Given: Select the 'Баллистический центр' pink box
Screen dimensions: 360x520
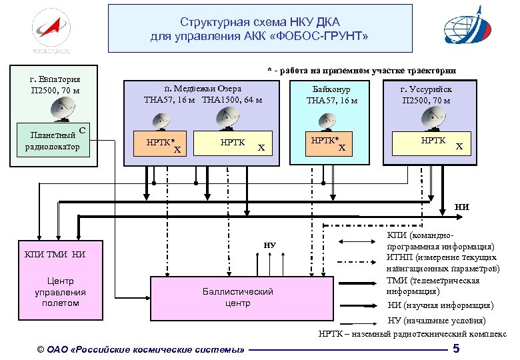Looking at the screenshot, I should pyautogui.click(x=238, y=297).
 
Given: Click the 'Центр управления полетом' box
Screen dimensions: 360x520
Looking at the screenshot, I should pyautogui.click(x=61, y=292).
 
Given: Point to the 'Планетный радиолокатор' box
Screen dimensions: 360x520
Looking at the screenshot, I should pyautogui.click(x=53, y=141).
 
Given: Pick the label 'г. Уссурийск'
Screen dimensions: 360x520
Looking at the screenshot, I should pyautogui.click(x=426, y=89).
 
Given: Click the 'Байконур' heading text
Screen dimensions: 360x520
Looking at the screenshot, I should pyautogui.click(x=331, y=89).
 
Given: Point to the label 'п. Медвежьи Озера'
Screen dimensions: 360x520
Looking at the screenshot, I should pyautogui.click(x=203, y=89).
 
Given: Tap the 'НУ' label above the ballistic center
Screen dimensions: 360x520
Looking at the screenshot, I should pyautogui.click(x=269, y=245).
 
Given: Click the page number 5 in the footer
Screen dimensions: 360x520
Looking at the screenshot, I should pyautogui.click(x=456, y=349).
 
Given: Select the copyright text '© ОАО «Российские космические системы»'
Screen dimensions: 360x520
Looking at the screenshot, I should pyautogui.click(x=141, y=349).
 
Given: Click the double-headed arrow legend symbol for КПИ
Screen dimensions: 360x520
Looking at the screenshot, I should pyautogui.click(x=358, y=241).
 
